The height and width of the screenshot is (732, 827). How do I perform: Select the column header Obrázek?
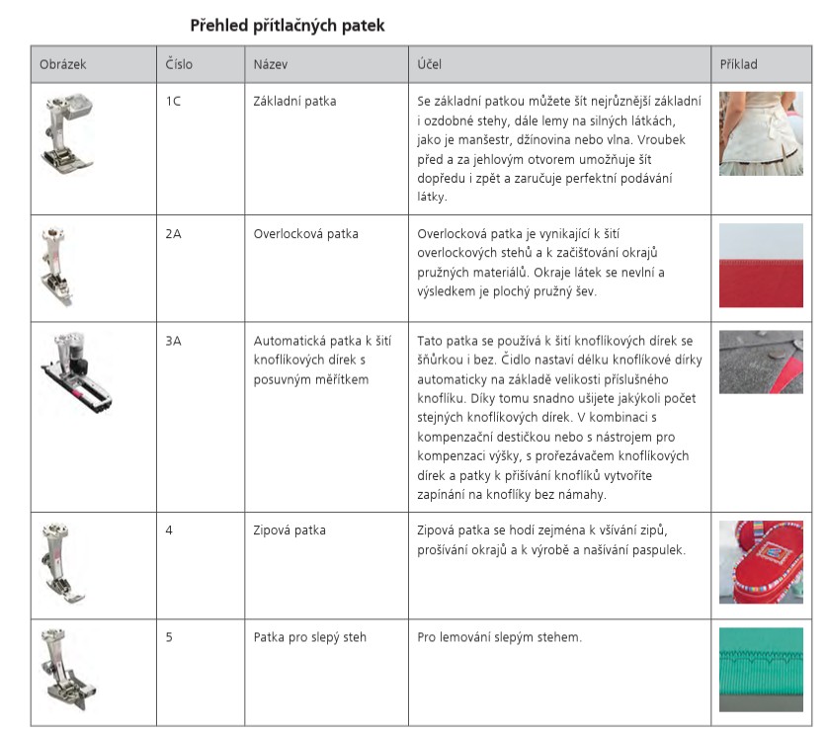(x=63, y=65)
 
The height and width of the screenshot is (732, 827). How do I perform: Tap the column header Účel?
(x=430, y=65)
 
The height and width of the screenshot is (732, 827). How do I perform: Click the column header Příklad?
(x=739, y=65)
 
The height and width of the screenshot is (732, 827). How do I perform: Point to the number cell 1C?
(x=173, y=101)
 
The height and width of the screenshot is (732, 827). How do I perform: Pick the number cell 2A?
(x=173, y=234)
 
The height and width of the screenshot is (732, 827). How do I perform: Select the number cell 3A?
(x=173, y=341)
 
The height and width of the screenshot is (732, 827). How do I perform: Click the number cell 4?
(x=169, y=530)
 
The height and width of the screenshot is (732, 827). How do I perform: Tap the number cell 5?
(x=169, y=637)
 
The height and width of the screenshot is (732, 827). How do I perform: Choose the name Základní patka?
(x=294, y=101)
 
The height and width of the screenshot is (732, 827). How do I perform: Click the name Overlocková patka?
(x=305, y=234)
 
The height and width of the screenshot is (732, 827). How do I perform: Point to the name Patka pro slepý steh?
(x=309, y=637)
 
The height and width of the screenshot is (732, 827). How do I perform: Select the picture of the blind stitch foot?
(x=64, y=669)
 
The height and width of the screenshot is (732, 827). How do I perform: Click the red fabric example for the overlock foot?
(x=760, y=266)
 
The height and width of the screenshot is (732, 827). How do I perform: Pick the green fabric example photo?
(x=760, y=668)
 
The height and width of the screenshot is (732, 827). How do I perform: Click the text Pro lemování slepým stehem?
(x=499, y=637)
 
